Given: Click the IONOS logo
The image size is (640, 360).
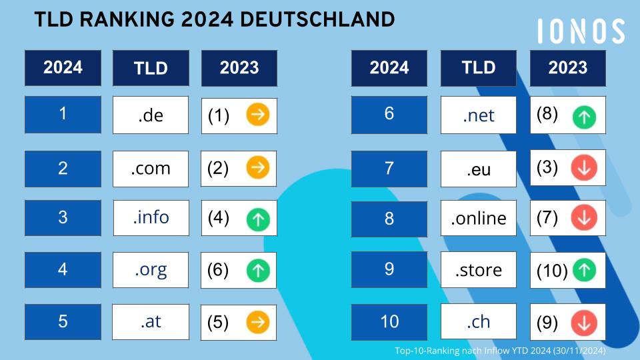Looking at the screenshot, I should click(x=581, y=31).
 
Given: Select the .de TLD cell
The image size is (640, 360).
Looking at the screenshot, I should click(x=151, y=115).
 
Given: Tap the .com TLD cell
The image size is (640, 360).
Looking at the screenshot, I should click(x=151, y=169).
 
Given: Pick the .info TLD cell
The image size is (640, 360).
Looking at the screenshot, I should click(x=151, y=218).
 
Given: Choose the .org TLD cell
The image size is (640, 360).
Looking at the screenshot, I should click(x=151, y=271).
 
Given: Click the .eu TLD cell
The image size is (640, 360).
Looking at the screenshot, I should click(x=479, y=169).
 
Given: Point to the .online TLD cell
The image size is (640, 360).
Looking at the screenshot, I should click(x=479, y=218).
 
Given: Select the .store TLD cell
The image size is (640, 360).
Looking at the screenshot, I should click(x=479, y=270).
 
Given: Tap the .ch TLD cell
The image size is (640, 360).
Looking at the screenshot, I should click(x=479, y=322).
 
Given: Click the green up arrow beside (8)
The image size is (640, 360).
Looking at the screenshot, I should click(x=584, y=117).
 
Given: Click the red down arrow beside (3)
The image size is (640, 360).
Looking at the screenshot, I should click(x=584, y=169).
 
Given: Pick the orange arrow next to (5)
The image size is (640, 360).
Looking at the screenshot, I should click(x=257, y=323).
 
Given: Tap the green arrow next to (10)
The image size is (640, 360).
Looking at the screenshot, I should click(x=584, y=270).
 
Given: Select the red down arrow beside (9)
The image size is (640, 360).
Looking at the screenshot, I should click(x=584, y=323).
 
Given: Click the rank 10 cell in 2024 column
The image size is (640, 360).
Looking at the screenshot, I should click(x=389, y=322).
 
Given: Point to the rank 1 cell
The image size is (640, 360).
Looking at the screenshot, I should click(x=63, y=114).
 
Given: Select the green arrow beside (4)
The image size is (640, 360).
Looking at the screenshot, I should click(x=257, y=219).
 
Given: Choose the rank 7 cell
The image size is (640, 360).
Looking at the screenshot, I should click(x=389, y=167).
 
